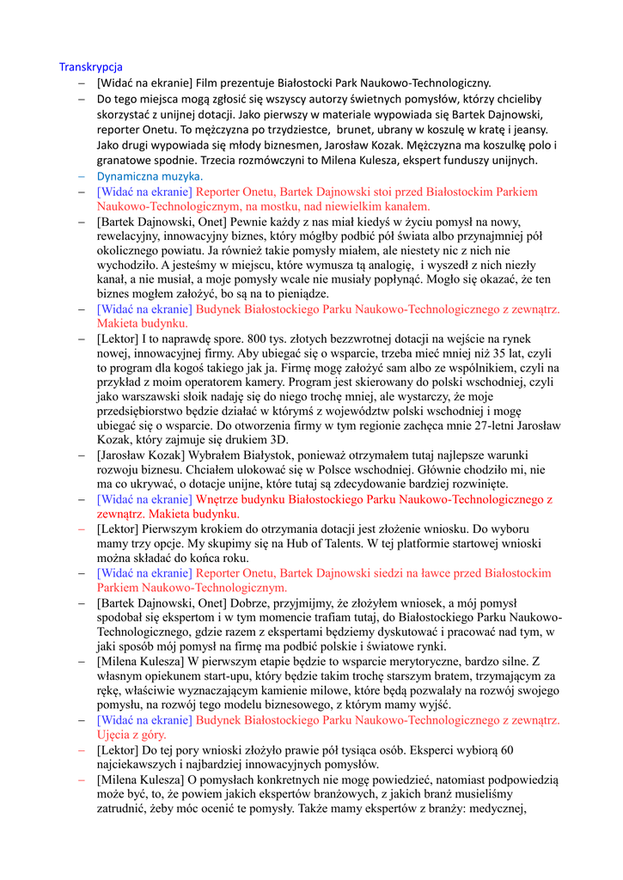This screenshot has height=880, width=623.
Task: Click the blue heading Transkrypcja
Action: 90,67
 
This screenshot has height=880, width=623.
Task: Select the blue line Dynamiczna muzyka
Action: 150,175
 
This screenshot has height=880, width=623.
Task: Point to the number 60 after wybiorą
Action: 504,750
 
